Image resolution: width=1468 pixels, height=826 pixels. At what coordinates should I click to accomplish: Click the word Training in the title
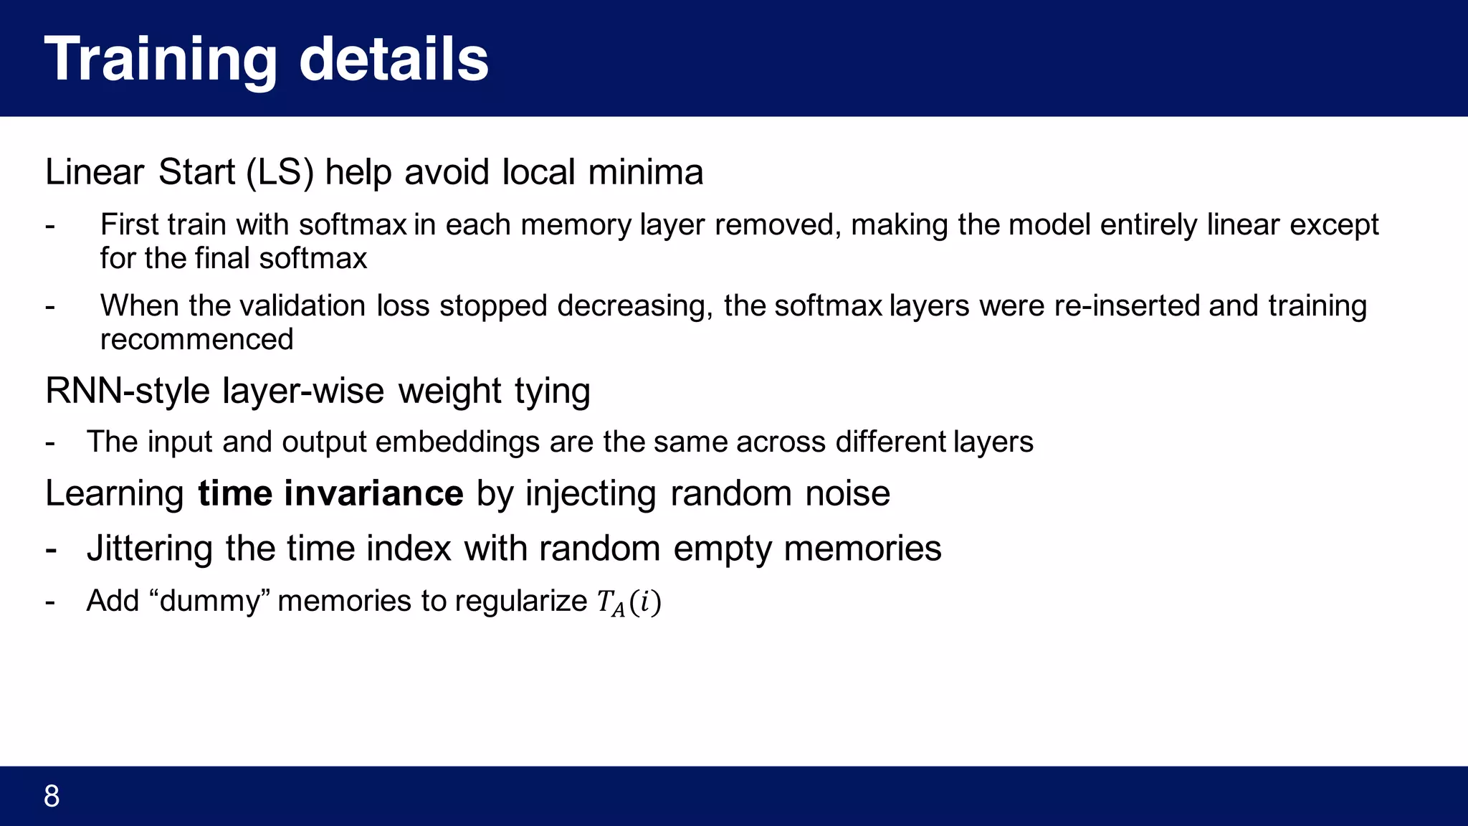161,60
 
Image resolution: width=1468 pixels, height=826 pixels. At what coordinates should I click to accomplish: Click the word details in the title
394,60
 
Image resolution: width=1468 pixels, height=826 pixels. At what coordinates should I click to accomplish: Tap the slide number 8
52,797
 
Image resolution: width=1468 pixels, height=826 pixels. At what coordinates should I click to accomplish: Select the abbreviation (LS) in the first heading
280,173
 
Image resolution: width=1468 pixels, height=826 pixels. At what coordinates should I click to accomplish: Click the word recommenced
196,339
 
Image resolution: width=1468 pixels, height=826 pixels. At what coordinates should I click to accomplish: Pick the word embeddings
457,442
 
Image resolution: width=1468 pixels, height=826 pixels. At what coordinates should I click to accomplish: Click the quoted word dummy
209,602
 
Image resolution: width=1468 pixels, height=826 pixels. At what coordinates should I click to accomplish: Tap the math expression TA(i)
629,602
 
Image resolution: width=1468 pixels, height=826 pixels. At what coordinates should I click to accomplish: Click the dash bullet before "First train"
50,226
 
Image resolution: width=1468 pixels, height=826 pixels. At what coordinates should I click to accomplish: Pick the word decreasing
634,306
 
